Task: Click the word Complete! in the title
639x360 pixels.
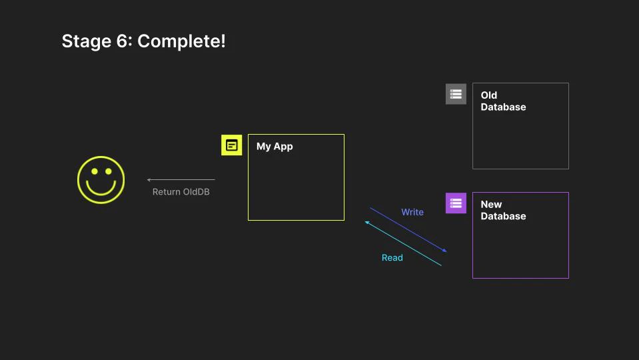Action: [x=181, y=41]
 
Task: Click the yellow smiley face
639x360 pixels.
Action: [x=101, y=180]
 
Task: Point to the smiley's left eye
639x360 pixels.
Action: [x=94, y=172]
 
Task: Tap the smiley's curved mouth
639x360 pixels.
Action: [x=101, y=189]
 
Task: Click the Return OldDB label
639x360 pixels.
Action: [x=181, y=192]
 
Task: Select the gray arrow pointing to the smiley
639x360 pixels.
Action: [x=181, y=179]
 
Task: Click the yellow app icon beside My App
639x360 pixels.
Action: [x=231, y=145]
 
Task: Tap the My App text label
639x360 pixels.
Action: [x=275, y=147]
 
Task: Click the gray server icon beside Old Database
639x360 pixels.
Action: [x=456, y=94]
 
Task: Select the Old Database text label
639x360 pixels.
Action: [x=503, y=101]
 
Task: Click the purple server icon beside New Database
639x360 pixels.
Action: [x=456, y=203]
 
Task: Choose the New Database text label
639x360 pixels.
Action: [x=503, y=211]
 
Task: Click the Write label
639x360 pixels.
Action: [x=412, y=212]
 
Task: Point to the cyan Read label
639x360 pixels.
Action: [x=392, y=257]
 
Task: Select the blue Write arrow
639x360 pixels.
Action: [x=408, y=230]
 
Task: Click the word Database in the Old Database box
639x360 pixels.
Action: [x=503, y=107]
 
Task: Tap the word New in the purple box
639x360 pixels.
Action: [x=491, y=205]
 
